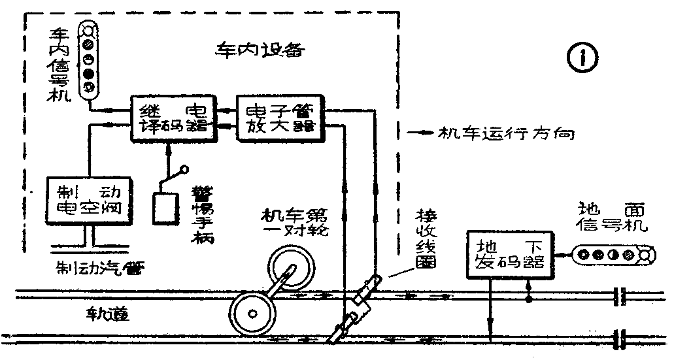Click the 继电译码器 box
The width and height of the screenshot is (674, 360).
[x=173, y=118]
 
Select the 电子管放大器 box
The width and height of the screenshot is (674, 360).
[x=280, y=118]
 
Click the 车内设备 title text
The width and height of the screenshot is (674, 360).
[x=260, y=50]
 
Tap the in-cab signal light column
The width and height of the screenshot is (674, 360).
[x=90, y=59]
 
